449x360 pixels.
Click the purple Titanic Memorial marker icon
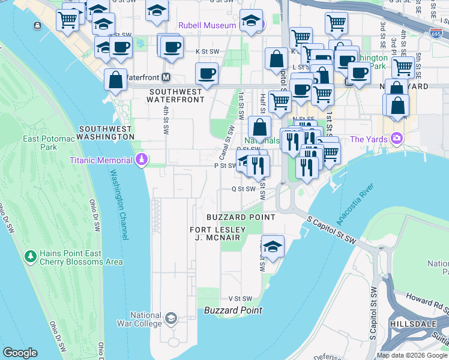(142, 160)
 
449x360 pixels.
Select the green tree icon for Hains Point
(30, 257)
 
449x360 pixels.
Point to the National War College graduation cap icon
(171, 317)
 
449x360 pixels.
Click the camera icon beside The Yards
(396, 139)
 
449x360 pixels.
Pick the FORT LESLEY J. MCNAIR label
(215, 234)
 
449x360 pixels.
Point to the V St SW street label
(240, 298)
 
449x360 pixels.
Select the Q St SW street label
(244, 188)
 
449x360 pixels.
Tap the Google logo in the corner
(20, 353)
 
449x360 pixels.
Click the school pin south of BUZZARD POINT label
(273, 247)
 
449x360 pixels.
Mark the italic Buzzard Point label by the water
(233, 310)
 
